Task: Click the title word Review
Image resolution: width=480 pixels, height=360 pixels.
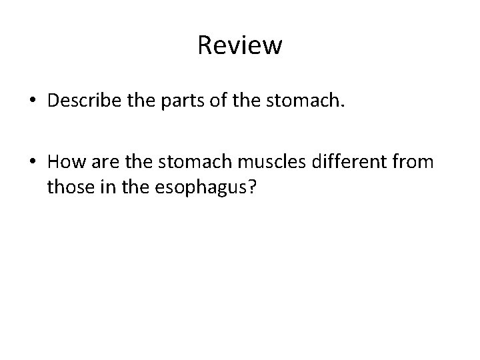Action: [240, 46]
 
